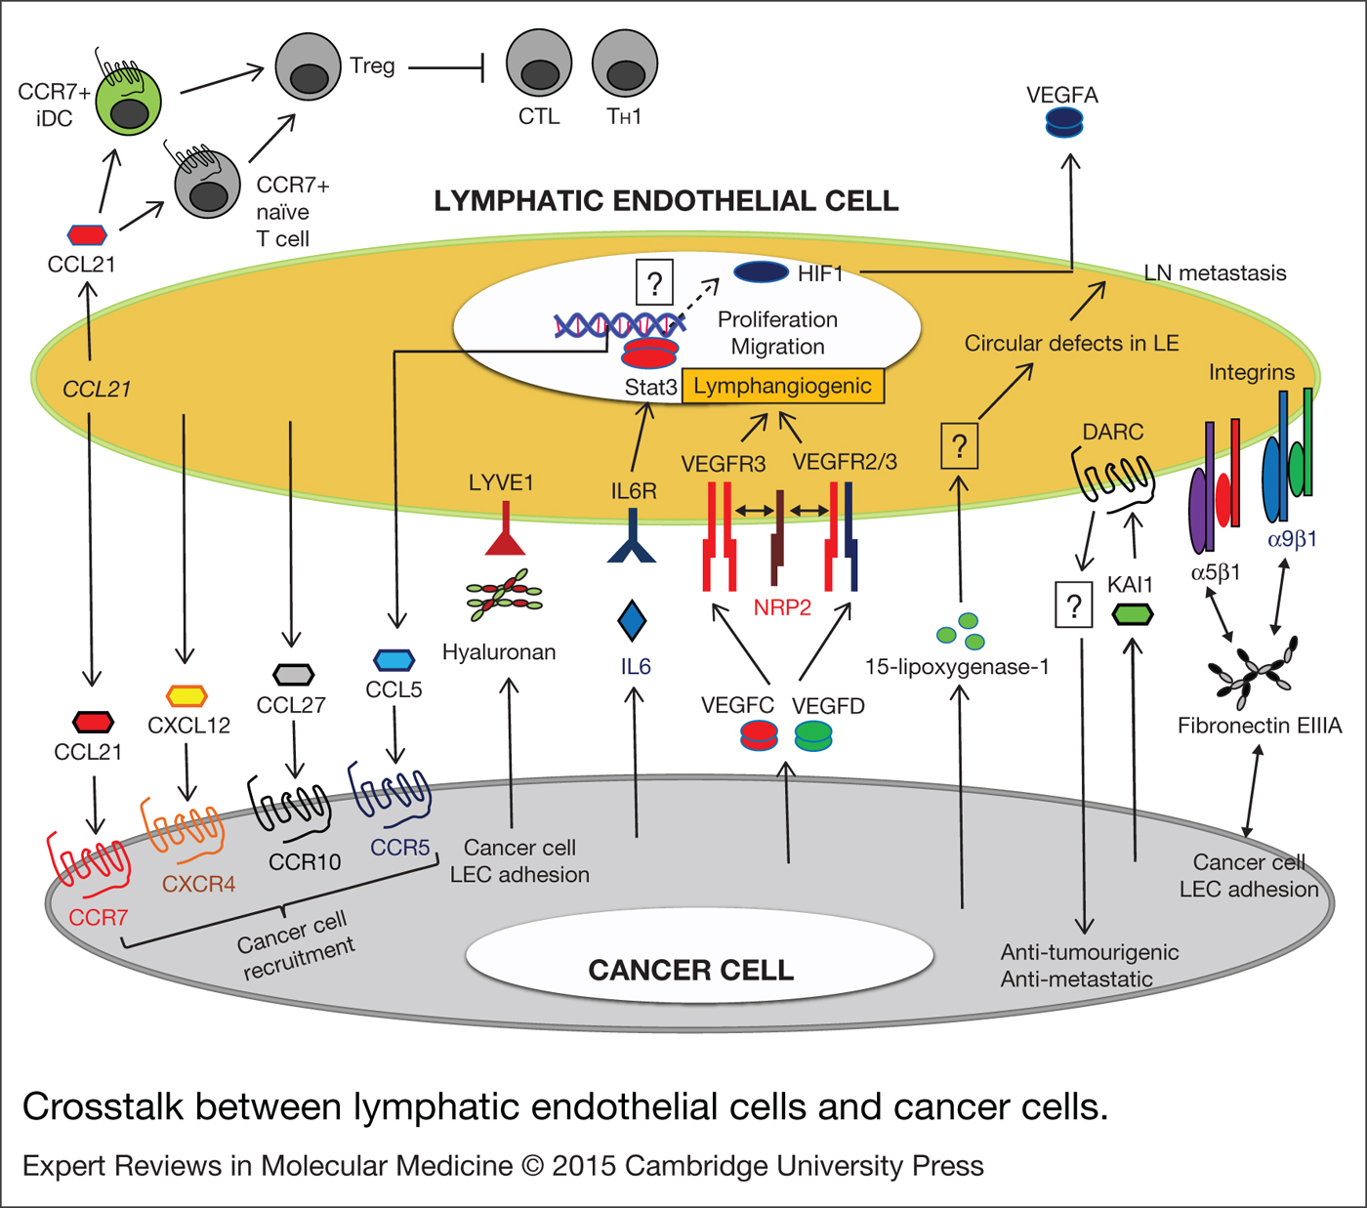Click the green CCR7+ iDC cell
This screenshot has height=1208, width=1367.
coord(128,103)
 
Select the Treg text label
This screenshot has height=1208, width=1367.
coord(372,65)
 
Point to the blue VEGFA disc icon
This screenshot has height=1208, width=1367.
coord(1064,123)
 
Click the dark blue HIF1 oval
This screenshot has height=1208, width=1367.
coord(761,271)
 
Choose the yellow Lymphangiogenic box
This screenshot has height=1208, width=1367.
coord(782,386)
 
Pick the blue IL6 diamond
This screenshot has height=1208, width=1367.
coord(633,620)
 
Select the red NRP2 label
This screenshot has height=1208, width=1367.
coord(782,607)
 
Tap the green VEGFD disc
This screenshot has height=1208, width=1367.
coord(813,734)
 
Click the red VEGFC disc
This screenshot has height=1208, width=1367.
coord(760,734)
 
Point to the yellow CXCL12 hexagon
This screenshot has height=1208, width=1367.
coord(186,695)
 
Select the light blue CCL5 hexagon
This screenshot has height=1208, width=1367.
coord(394,660)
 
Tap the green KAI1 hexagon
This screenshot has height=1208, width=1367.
coord(1133,614)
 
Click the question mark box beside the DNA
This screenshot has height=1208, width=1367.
coord(654,283)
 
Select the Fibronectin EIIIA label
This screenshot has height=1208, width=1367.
coord(1259,726)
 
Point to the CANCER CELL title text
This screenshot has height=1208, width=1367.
coord(690,970)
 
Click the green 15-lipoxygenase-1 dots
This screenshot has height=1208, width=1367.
coord(960,631)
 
